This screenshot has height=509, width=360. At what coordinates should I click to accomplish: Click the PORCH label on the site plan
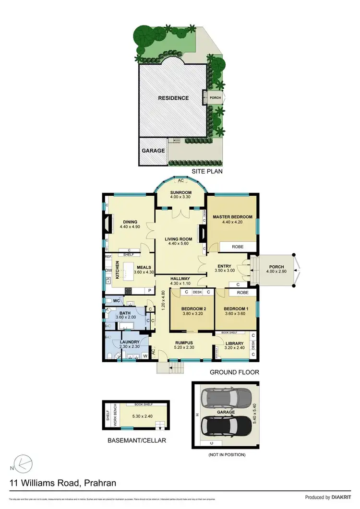216,98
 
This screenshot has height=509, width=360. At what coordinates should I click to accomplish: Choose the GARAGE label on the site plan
153,150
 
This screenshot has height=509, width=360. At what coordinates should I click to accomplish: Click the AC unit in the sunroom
180,181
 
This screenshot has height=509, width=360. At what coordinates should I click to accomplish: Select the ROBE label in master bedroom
237,247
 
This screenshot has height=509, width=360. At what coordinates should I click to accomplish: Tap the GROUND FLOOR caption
235,372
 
